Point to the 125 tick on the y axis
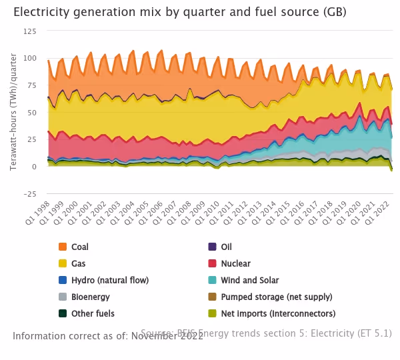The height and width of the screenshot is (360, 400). [31, 31]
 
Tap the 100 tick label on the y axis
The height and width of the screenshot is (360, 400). [31, 58]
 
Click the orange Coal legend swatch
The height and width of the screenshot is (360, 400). [63, 247]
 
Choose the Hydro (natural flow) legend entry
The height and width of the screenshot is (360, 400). [109, 281]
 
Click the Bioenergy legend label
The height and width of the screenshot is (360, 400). [90, 297]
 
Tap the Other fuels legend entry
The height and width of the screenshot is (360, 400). [93, 314]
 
